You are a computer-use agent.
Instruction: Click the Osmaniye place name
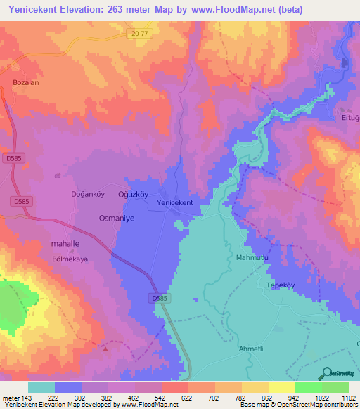(x=115, y=218)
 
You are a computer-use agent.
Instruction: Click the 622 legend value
(x=187, y=398)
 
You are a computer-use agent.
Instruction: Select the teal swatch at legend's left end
(x=41, y=387)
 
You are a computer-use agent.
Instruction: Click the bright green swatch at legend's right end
(x=335, y=387)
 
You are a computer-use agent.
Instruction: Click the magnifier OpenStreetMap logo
(x=326, y=373)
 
